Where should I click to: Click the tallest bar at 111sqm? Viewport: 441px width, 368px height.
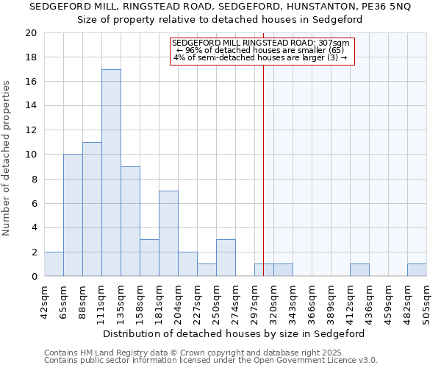[111, 173]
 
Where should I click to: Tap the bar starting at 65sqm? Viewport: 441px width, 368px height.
[73, 216]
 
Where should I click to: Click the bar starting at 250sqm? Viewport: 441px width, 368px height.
[226, 258]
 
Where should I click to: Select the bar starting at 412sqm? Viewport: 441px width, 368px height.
[359, 270]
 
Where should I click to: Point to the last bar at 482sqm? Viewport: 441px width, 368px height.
[417, 270]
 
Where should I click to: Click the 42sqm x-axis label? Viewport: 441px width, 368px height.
[45, 300]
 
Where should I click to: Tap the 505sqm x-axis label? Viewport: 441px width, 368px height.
[427, 300]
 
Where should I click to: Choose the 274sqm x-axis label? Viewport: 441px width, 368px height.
[236, 300]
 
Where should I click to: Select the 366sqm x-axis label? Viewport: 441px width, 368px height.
[312, 300]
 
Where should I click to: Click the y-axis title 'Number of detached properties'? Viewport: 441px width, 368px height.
[7, 158]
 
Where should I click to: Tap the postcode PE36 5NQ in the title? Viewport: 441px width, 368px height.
[384, 7]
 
